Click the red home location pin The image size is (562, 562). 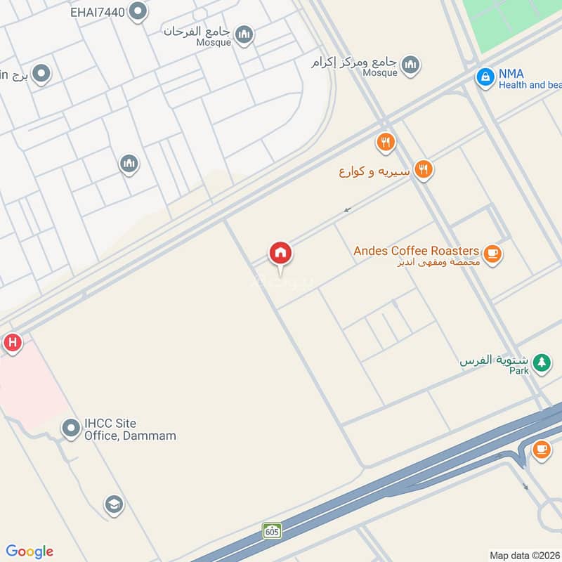(280, 254)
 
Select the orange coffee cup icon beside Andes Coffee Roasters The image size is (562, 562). (492, 254)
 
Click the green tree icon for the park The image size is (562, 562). (541, 362)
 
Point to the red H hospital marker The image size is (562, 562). (12, 343)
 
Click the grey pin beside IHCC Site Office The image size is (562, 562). (70, 427)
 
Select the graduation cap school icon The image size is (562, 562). (113, 504)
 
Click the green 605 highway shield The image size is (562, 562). (272, 530)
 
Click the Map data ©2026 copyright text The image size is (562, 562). (524, 555)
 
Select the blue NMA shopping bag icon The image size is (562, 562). (485, 78)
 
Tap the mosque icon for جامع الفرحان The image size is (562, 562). (244, 34)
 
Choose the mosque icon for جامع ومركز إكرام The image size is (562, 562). (410, 65)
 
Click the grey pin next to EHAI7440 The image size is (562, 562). (138, 11)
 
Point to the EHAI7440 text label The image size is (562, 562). (99, 11)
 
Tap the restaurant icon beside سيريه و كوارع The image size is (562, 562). (422, 169)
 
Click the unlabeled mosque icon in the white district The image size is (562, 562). (129, 164)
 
